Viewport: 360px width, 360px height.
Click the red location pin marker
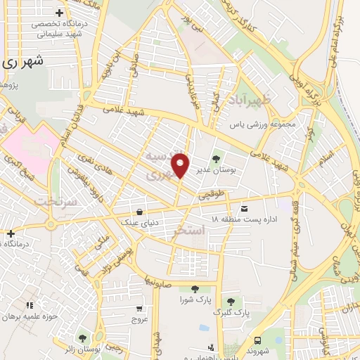coord(181,165)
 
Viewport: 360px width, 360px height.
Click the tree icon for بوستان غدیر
coord(216,157)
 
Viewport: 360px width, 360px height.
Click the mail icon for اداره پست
coord(244,208)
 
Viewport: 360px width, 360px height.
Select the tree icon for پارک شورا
coord(194,288)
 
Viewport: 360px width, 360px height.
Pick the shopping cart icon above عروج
coord(139,308)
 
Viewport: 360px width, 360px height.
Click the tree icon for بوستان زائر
coord(83,338)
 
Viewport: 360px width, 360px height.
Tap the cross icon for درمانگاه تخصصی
coord(58,13)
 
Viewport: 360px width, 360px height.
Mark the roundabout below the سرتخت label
coord(50,225)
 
